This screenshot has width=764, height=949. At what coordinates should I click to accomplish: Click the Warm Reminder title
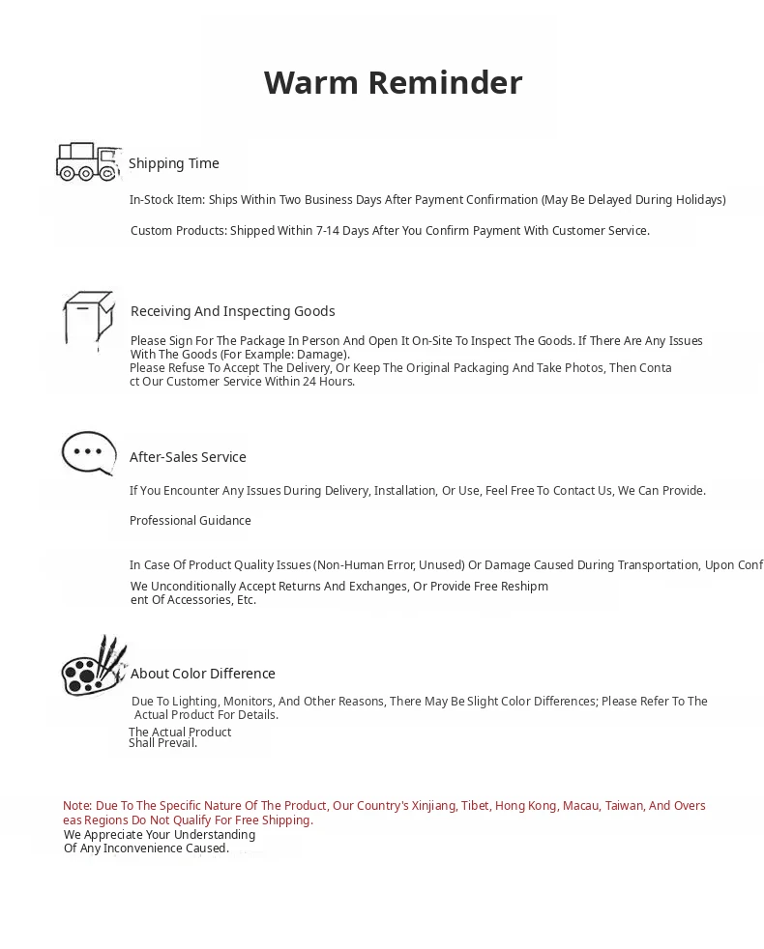click(393, 83)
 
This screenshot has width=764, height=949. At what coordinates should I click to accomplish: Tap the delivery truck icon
click(87, 161)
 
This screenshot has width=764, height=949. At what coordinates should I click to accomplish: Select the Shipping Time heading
click(174, 163)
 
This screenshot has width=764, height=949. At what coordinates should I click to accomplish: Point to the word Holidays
click(695, 200)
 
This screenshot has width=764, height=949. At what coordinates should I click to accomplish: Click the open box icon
click(88, 318)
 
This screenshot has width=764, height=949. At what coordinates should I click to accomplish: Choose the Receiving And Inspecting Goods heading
click(232, 311)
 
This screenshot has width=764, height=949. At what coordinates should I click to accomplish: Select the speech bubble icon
click(89, 452)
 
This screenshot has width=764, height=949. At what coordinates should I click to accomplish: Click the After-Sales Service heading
click(188, 457)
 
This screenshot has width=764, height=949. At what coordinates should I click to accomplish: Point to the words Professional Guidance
click(191, 521)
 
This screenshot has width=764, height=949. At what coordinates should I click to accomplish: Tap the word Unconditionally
click(198, 587)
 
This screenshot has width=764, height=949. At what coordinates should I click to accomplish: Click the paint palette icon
click(94, 666)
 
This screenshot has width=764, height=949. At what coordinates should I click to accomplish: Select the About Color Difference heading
click(203, 674)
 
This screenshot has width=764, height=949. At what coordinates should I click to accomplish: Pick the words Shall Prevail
click(162, 743)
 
